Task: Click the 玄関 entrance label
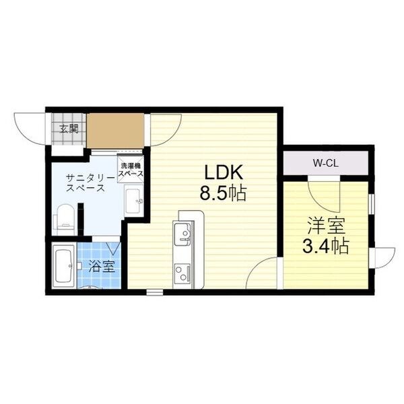[69, 129]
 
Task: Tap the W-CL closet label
[326, 163]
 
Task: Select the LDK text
[224, 172]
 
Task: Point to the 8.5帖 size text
[223, 193]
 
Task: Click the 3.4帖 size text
[326, 246]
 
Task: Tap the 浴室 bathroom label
[102, 266]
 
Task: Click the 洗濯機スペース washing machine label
[131, 170]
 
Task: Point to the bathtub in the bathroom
[64, 266]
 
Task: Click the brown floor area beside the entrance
[115, 131]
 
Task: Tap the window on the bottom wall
[155, 292]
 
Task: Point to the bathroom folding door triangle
[113, 248]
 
